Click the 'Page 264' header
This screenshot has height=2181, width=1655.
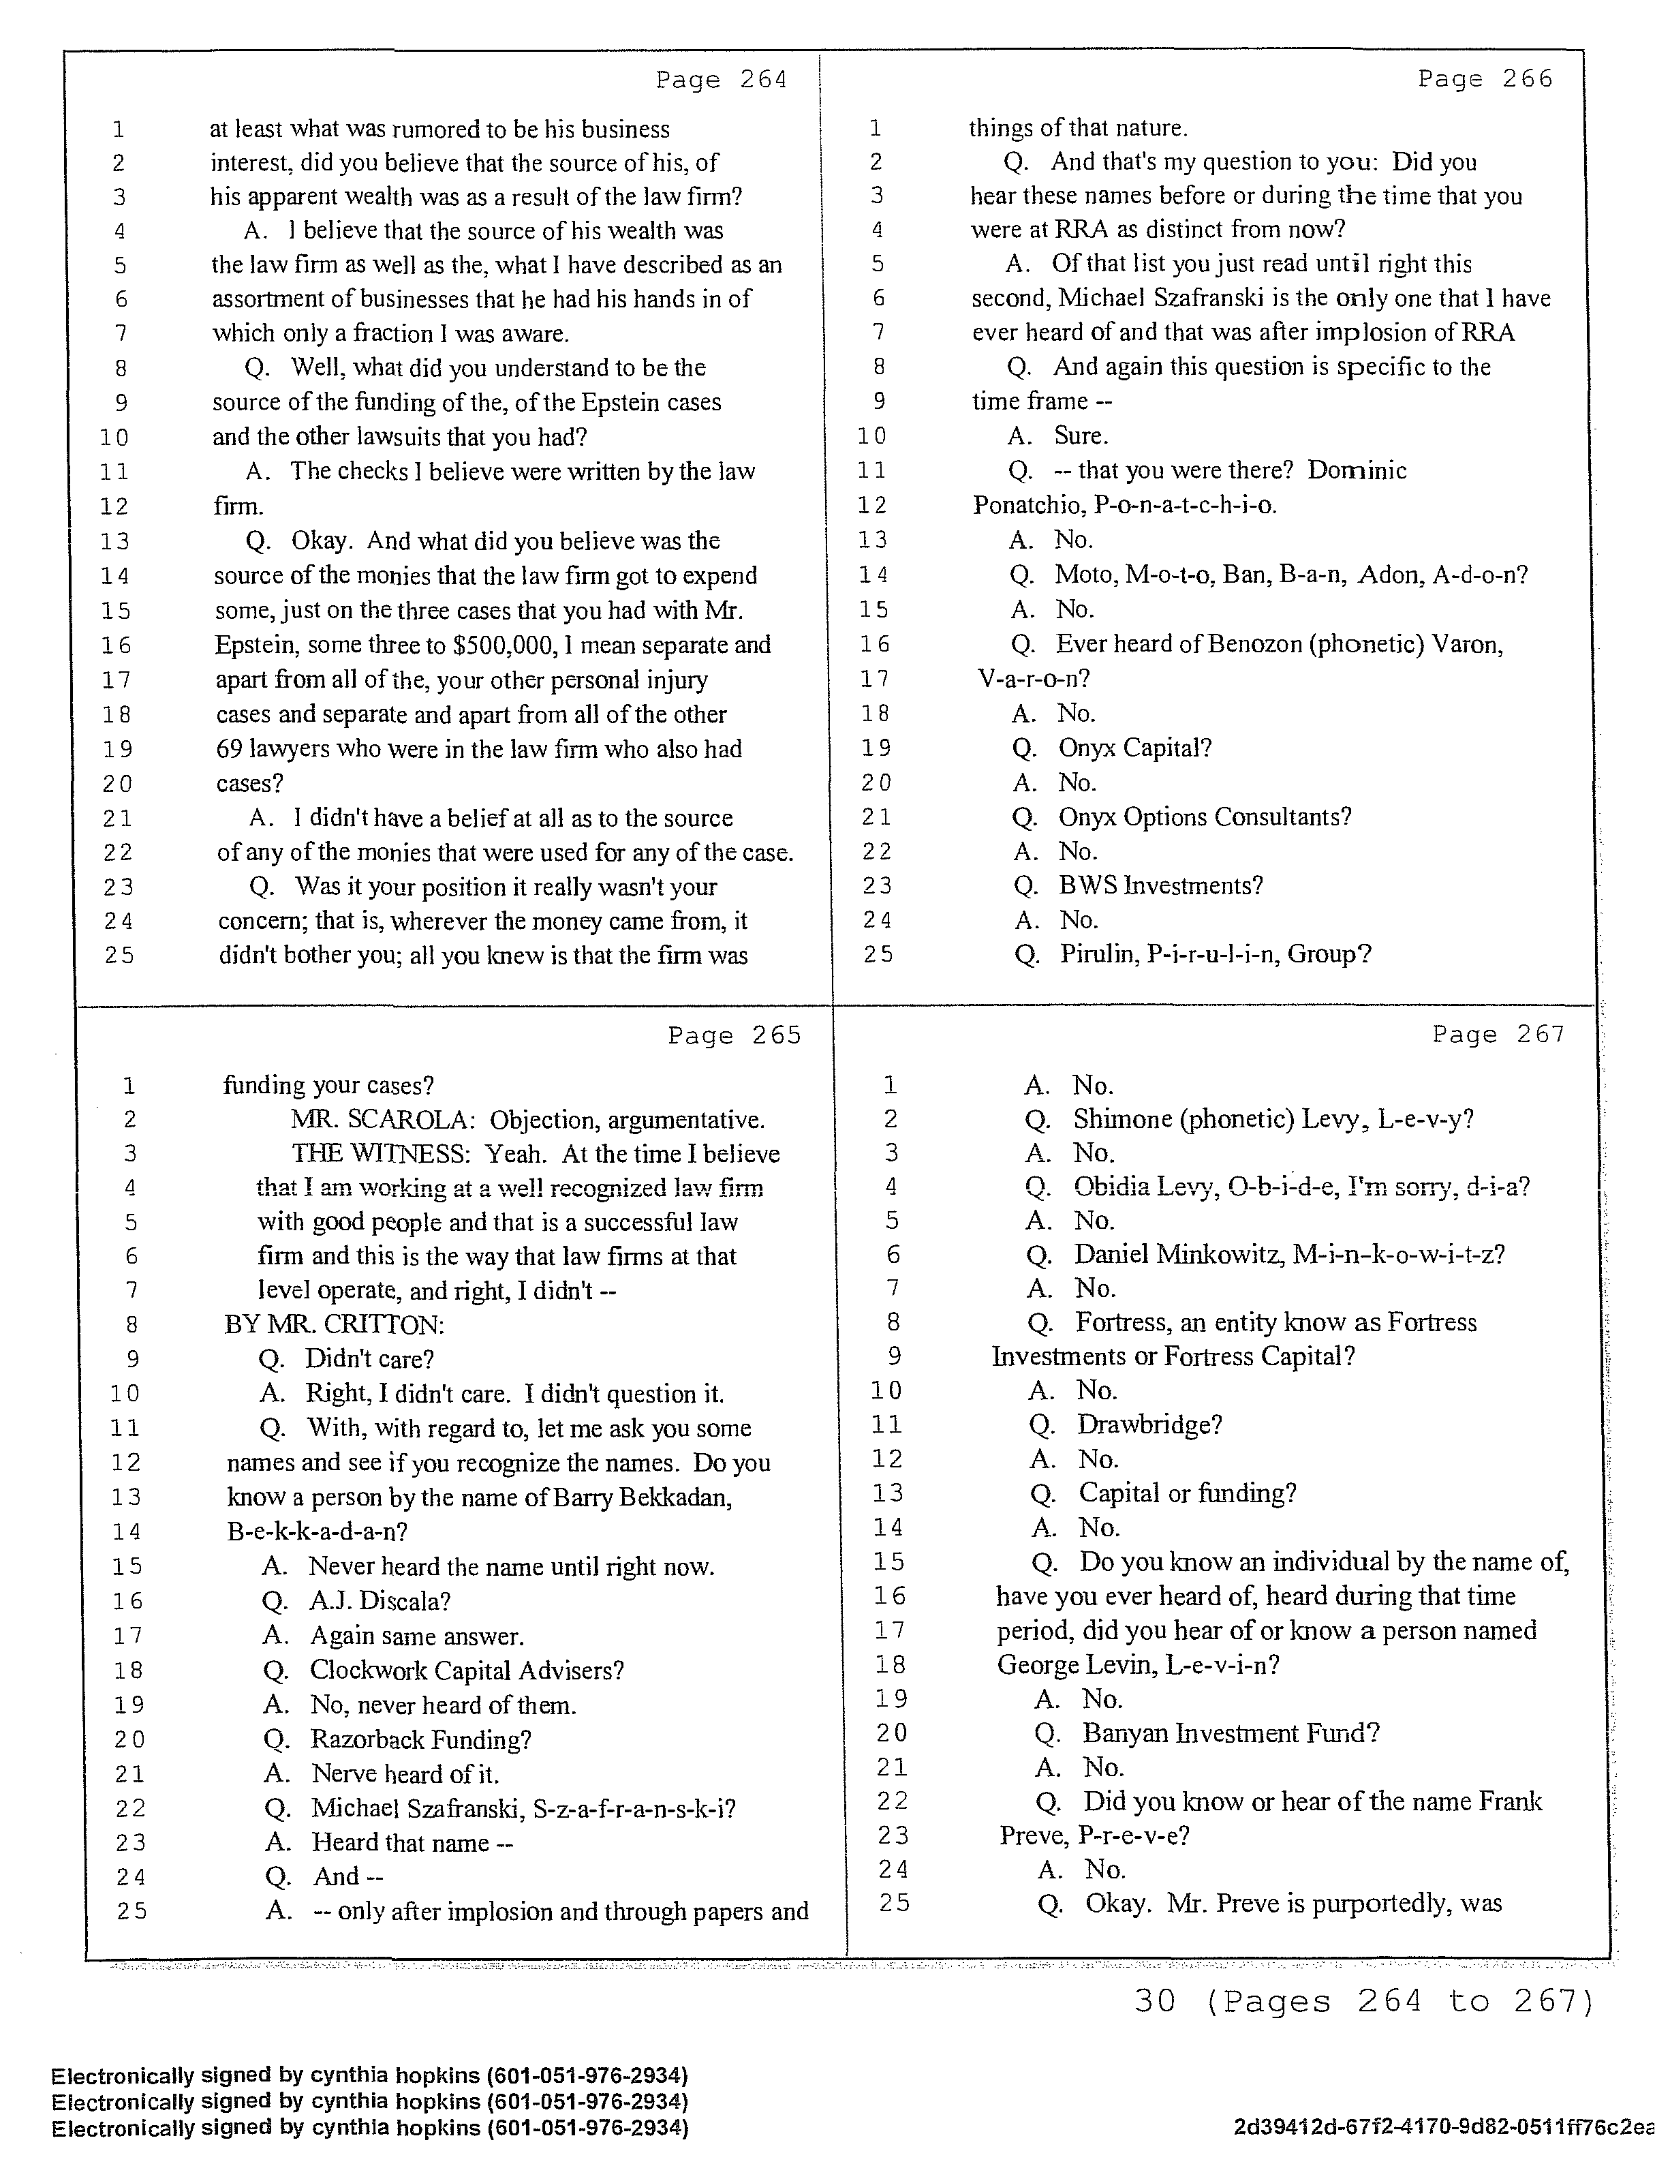722,80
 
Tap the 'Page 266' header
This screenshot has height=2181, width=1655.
1485,79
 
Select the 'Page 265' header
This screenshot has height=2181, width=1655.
734,1035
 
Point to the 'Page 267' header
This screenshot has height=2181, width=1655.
1498,1035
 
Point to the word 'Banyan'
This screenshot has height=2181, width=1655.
1125,1733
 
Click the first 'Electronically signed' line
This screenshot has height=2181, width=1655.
370,2075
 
